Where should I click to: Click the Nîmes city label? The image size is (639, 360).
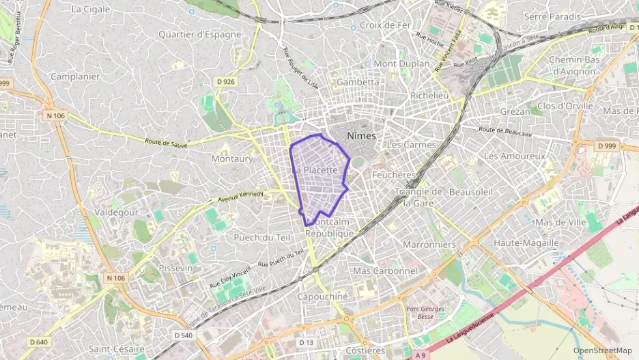pyautogui.click(x=361, y=136)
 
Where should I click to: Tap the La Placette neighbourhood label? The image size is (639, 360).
pyautogui.click(x=317, y=169)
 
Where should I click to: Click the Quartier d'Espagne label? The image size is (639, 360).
pyautogui.click(x=199, y=34)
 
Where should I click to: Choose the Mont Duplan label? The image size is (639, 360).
pyautogui.click(x=401, y=64)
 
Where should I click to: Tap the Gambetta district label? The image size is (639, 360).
pyautogui.click(x=358, y=82)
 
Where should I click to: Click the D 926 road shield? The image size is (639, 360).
pyautogui.click(x=225, y=82)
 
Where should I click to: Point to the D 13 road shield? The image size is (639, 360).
pyautogui.click(x=307, y=342)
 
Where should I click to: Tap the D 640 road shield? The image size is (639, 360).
pyautogui.click(x=40, y=342)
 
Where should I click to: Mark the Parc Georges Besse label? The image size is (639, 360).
pyautogui.click(x=425, y=312)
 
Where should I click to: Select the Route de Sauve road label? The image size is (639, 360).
pyautogui.click(x=167, y=143)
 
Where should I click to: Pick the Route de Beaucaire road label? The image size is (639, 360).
pyautogui.click(x=505, y=130)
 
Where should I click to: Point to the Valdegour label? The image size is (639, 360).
pyautogui.click(x=119, y=212)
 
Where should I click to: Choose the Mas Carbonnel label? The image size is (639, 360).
pyautogui.click(x=385, y=271)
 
